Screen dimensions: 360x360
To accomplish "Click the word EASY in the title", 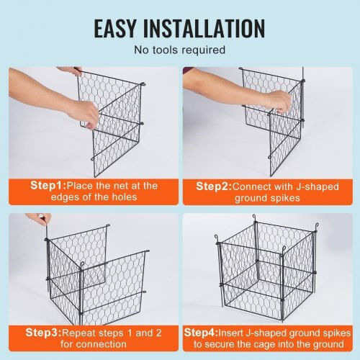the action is pyautogui.click(x=114, y=28).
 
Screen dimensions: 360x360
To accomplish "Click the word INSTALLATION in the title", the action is pyautogui.click(x=204, y=28).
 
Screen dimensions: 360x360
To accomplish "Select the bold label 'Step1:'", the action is pyautogui.click(x=48, y=186).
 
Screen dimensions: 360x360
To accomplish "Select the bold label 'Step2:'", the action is pyautogui.click(x=214, y=186).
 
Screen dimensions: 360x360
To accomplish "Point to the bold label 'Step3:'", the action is pyautogui.click(x=43, y=333).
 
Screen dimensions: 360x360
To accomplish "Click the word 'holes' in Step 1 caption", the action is pyautogui.click(x=125, y=197).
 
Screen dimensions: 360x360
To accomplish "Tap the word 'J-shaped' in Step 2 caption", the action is pyautogui.click(x=318, y=187).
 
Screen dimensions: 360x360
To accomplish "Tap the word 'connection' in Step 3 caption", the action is pyautogui.click(x=102, y=344).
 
